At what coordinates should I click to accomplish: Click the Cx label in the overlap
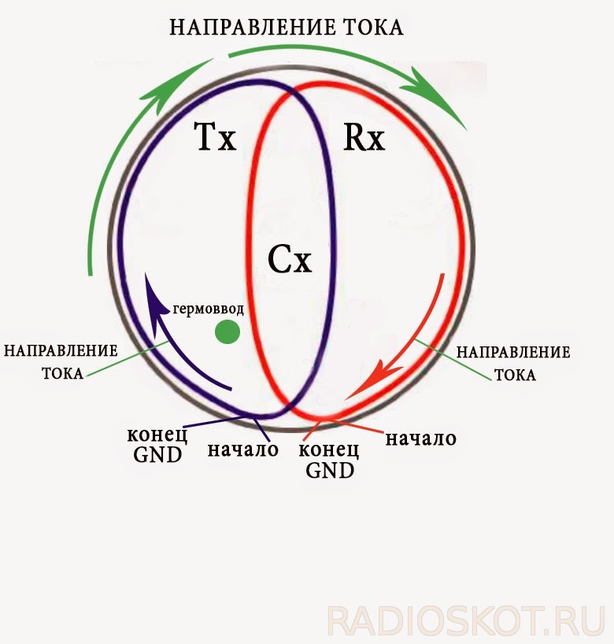coord(290,258)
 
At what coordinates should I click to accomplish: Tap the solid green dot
coord(227,332)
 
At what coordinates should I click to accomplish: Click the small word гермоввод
coord(209,308)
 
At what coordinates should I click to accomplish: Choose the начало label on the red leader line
coord(420,438)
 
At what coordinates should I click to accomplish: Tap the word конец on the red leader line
coord(330,451)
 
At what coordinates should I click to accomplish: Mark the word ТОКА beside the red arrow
coord(515,375)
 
